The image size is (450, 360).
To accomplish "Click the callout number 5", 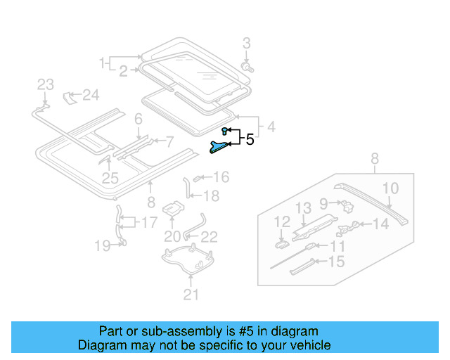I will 249,139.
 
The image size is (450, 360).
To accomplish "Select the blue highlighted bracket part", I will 219,146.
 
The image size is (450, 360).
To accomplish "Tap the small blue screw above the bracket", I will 224,131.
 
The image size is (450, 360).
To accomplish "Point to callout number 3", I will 246,44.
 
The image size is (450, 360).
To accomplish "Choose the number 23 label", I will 45,85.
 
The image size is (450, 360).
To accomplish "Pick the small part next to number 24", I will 70,96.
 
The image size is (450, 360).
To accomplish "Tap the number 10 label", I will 390,188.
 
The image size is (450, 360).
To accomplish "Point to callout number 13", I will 302,207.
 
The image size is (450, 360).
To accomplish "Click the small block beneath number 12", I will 280,245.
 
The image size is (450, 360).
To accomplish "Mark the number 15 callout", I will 337,262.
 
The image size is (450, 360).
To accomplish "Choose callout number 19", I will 103,245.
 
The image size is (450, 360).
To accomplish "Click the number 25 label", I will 110,179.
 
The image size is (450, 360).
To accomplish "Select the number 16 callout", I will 221,177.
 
